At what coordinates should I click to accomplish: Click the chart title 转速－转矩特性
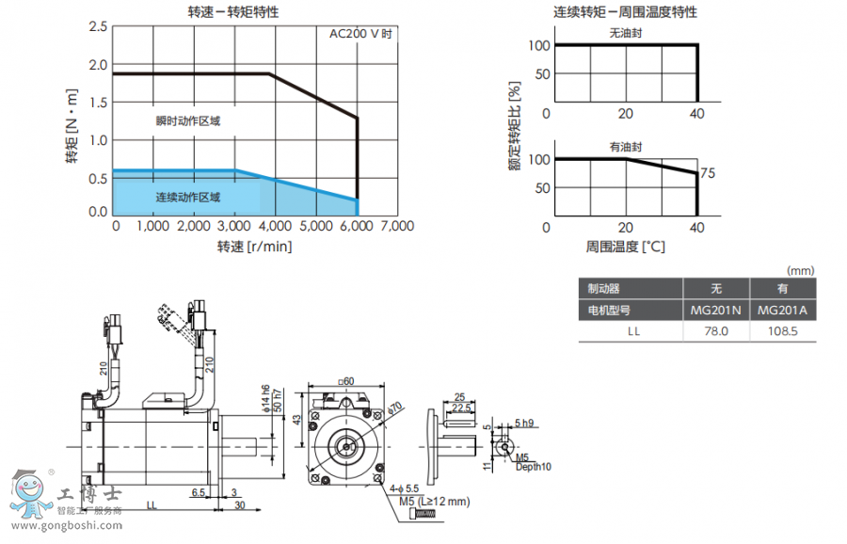pyautogui.click(x=233, y=12)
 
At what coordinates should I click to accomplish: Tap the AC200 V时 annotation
pyautogui.click(x=360, y=34)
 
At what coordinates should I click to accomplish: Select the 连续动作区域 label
pyautogui.click(x=187, y=198)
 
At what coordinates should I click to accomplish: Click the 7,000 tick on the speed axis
pyautogui.click(x=396, y=226)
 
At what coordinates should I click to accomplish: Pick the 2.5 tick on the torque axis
pyautogui.click(x=98, y=25)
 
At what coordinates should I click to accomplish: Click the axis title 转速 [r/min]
pyautogui.click(x=254, y=247)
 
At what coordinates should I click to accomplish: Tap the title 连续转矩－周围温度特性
pyautogui.click(x=625, y=12)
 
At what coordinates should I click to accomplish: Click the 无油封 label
pyautogui.click(x=624, y=33)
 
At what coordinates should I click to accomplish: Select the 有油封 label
pyautogui.click(x=625, y=147)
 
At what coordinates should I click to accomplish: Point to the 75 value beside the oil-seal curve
pyautogui.click(x=708, y=173)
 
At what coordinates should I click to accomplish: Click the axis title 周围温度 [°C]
pyautogui.click(x=625, y=247)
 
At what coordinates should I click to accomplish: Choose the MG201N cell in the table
pyautogui.click(x=715, y=310)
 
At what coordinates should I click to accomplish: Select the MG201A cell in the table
pyautogui.click(x=782, y=310)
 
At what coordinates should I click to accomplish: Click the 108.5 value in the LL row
pyautogui.click(x=782, y=331)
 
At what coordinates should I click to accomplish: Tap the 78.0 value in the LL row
pyautogui.click(x=715, y=331)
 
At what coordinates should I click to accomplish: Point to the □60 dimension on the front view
pyautogui.click(x=345, y=382)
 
